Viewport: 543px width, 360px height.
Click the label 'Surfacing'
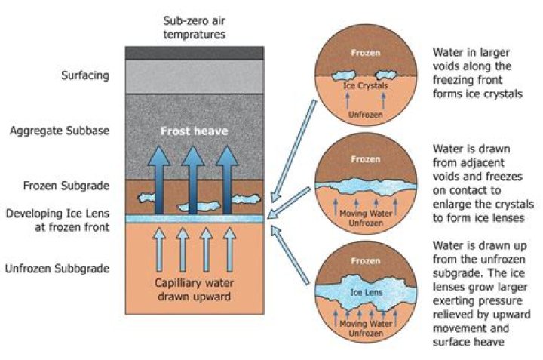(x=84, y=75)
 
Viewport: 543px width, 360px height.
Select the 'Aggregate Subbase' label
(x=60, y=131)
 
